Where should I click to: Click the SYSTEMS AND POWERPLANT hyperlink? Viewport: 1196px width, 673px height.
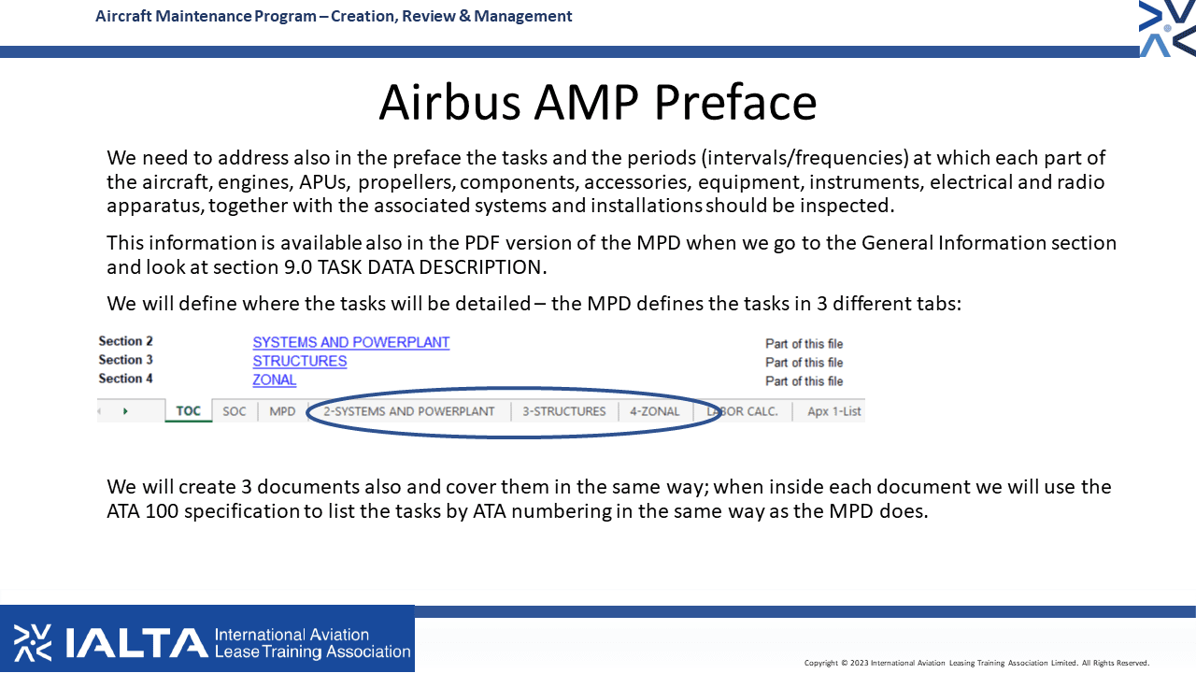pyautogui.click(x=350, y=342)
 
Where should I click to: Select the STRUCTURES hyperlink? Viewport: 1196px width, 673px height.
pyautogui.click(x=300, y=361)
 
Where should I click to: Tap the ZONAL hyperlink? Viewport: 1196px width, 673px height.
pyautogui.click(x=275, y=379)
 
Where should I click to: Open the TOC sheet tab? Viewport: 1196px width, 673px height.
pyautogui.click(x=189, y=410)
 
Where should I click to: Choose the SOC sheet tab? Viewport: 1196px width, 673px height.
pyautogui.click(x=235, y=411)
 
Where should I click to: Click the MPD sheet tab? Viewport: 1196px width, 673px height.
pyautogui.click(x=282, y=411)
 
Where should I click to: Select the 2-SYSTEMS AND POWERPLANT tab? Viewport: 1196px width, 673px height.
pyautogui.click(x=409, y=411)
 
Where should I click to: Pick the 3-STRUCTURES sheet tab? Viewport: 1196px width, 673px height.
pyautogui.click(x=563, y=411)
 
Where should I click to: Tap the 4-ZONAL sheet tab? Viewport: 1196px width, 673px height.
pyautogui.click(x=655, y=411)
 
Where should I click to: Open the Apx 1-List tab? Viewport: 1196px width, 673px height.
pyautogui.click(x=834, y=411)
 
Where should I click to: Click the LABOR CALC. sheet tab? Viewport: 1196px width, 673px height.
pyautogui.click(x=742, y=411)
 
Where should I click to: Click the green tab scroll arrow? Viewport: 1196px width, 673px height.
pyautogui.click(x=125, y=410)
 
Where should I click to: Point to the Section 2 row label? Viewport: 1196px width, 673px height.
pyautogui.click(x=125, y=341)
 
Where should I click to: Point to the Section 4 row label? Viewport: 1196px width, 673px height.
pyautogui.click(x=125, y=379)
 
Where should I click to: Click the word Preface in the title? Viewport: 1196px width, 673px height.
pyautogui.click(x=735, y=102)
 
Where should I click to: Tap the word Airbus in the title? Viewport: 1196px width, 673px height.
pyautogui.click(x=449, y=102)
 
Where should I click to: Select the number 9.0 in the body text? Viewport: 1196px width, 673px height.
pyautogui.click(x=297, y=267)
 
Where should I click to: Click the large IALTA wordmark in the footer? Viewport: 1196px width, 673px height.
pyautogui.click(x=136, y=642)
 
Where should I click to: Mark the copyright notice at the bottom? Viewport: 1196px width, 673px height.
pyautogui.click(x=976, y=663)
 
